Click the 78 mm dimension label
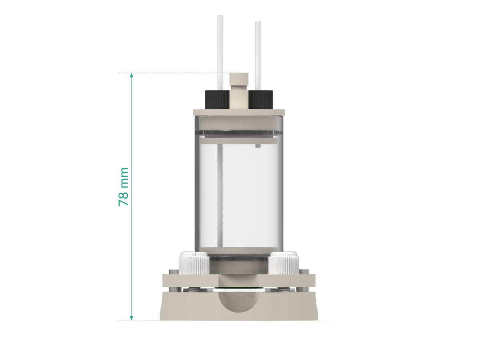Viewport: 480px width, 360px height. [x=124, y=187]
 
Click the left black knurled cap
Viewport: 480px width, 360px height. [x=216, y=100]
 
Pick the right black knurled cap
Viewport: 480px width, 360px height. [x=261, y=100]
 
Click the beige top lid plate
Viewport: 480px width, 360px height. [x=239, y=113]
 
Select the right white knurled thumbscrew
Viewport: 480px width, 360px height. [x=284, y=263]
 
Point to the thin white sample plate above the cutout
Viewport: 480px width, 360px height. [x=239, y=288]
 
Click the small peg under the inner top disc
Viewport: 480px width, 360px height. [x=258, y=146]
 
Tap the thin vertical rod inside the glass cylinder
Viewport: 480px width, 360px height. [x=219, y=196]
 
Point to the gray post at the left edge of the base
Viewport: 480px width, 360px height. [x=176, y=289]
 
